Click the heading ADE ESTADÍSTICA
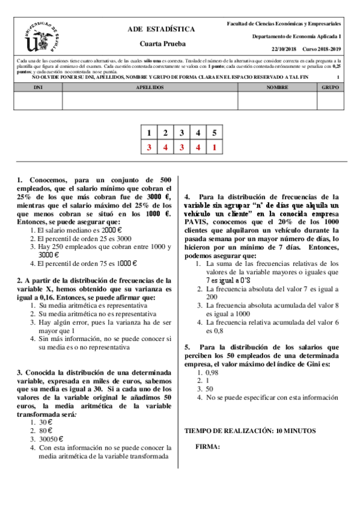click(x=161, y=29)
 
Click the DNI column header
click(x=37, y=87)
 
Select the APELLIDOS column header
click(x=150, y=87)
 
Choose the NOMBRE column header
click(x=277, y=87)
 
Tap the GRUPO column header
click(x=330, y=87)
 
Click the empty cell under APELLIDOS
click(x=150, y=100)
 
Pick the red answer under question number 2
click(x=165, y=147)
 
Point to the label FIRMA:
click(x=207, y=446)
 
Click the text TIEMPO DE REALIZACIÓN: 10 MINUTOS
click(x=249, y=431)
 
